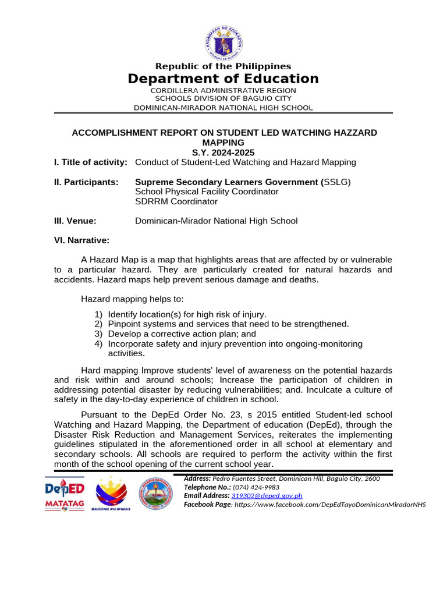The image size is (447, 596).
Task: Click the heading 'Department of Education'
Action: pyautogui.click(x=223, y=79)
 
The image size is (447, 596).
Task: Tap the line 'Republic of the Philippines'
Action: pyautogui.click(x=223, y=66)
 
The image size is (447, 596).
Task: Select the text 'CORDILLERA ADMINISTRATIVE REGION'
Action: pyautogui.click(x=223, y=91)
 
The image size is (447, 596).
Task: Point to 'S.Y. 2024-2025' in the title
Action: pyautogui.click(x=223, y=152)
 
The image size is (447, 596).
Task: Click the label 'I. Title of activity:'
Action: pyautogui.click(x=90, y=162)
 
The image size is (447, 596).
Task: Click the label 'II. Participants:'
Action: pyautogui.click(x=86, y=182)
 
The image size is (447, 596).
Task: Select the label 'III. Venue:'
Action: pyautogui.click(x=74, y=221)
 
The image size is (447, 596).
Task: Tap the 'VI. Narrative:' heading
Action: pyautogui.click(x=81, y=240)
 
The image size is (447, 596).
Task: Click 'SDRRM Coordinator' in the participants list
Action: pyautogui.click(x=176, y=202)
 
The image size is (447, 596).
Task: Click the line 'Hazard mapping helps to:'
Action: pyautogui.click(x=132, y=299)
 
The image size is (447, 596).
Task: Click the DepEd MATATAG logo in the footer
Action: pyautogui.click(x=65, y=494)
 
